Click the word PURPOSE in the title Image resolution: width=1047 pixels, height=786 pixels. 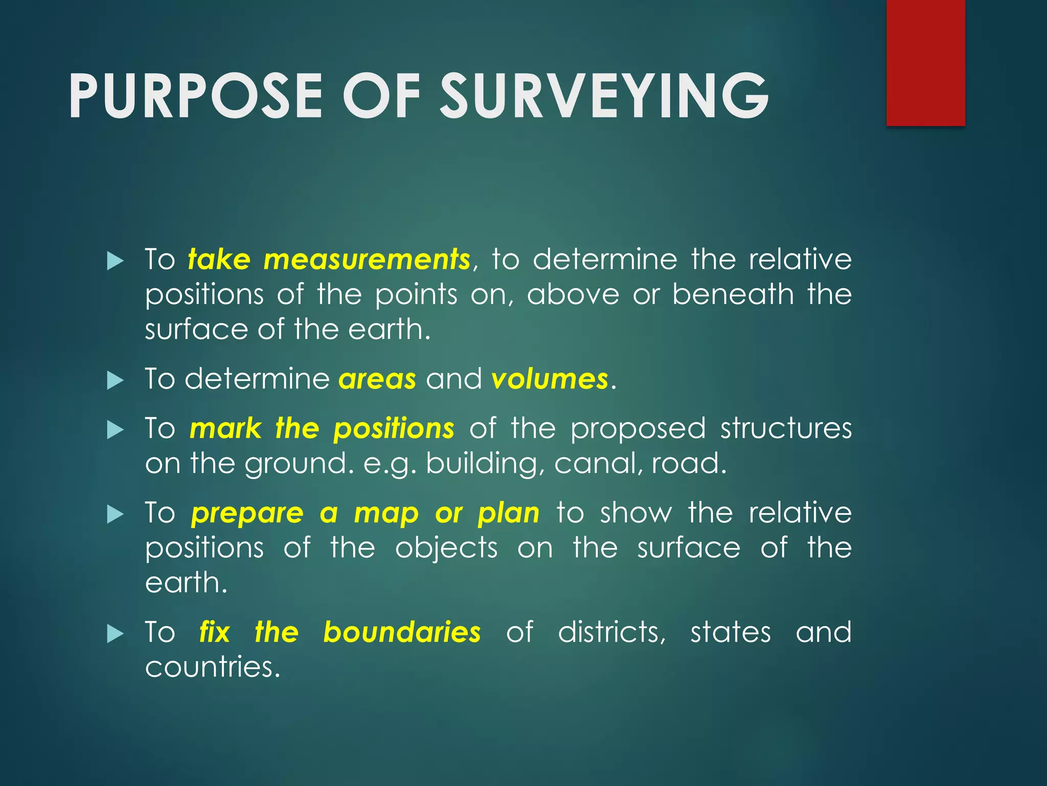(x=195, y=96)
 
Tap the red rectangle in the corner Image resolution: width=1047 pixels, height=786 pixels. (x=925, y=62)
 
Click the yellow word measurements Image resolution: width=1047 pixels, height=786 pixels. (x=367, y=259)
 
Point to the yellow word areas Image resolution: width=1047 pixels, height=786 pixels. (x=377, y=379)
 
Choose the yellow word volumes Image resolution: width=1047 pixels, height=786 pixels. (x=550, y=379)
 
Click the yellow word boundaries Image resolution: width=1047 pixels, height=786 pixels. (x=402, y=632)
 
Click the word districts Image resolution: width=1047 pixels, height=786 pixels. (x=611, y=632)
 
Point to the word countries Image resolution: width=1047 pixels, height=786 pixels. (x=212, y=667)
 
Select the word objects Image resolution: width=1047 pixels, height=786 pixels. (x=446, y=548)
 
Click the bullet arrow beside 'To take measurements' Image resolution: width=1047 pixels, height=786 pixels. (x=116, y=261)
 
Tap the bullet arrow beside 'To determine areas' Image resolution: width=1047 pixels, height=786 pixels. (x=116, y=381)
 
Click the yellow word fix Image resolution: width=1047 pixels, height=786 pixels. (x=215, y=632)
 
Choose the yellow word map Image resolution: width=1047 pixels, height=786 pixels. (x=386, y=513)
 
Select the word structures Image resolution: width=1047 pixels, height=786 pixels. (x=786, y=428)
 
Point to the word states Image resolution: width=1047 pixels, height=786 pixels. (x=731, y=632)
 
